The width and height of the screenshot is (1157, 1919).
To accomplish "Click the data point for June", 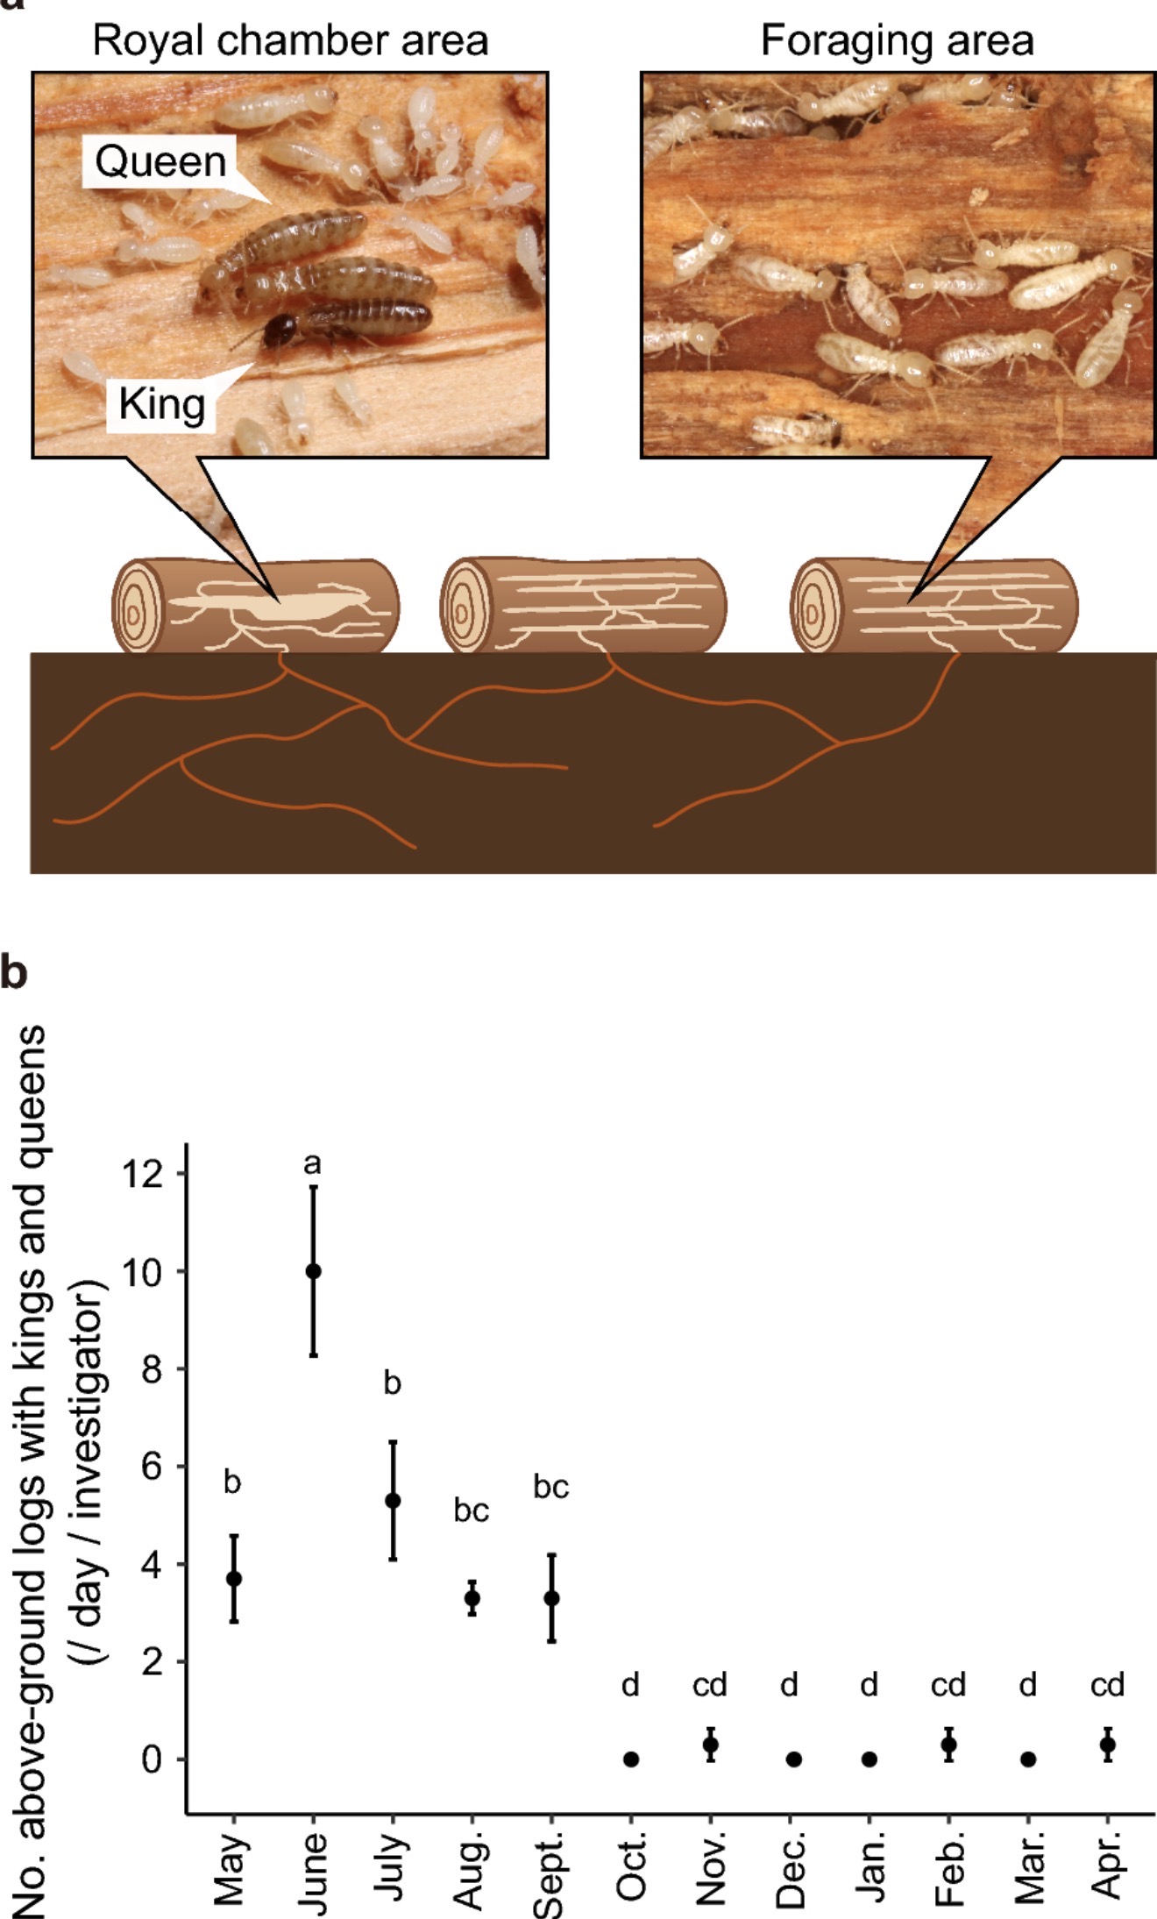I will click(x=313, y=1271).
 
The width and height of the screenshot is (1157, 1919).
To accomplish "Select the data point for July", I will click(x=393, y=1501).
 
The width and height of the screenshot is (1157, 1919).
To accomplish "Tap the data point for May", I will click(x=233, y=1579).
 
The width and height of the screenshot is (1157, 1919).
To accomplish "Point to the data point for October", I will click(x=631, y=1759).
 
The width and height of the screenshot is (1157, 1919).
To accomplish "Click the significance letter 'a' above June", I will click(x=312, y=1163).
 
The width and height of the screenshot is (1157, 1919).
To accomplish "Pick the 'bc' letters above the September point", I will click(x=551, y=1487).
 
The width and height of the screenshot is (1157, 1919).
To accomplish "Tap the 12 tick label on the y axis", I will click(x=141, y=1173).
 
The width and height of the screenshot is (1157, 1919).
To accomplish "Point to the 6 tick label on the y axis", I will click(x=152, y=1466).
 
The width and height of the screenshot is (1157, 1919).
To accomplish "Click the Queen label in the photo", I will click(x=160, y=161).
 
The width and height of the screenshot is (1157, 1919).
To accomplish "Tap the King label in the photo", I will click(x=162, y=404).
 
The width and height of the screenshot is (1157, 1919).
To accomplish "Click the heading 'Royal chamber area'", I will click(x=290, y=40).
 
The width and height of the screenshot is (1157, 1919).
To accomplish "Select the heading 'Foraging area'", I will click(x=897, y=40).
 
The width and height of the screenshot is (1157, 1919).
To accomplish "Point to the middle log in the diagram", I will click(x=583, y=605).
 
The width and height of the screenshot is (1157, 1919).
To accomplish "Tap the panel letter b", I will click(x=15, y=972).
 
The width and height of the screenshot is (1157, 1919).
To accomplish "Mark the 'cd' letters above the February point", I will click(x=948, y=1685).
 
